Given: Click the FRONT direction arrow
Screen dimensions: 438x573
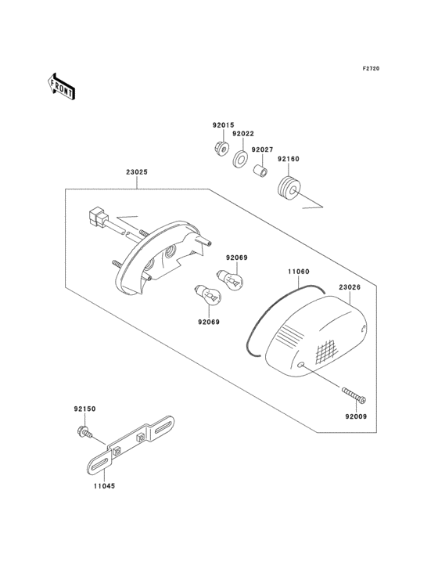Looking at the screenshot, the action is (61, 87).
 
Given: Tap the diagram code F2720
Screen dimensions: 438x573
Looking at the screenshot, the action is (371, 68).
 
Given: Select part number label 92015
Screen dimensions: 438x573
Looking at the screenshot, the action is (224, 125).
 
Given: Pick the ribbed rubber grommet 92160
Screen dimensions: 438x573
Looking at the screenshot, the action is (289, 189).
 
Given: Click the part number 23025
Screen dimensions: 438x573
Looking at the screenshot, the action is (137, 171).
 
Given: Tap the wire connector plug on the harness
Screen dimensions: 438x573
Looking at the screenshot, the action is (99, 216).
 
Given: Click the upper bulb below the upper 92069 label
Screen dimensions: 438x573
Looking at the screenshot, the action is (230, 280).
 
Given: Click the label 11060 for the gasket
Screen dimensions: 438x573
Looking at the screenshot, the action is (299, 272).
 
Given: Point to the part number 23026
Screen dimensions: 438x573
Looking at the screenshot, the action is (350, 287).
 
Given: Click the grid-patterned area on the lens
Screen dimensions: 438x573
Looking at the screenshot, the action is (325, 351).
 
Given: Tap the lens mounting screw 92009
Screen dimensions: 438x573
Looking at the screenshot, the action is (354, 395).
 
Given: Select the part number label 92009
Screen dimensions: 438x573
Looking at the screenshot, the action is (356, 416).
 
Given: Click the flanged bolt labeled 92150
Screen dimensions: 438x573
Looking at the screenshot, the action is (85, 433).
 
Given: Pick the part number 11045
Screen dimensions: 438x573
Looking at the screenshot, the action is (104, 486).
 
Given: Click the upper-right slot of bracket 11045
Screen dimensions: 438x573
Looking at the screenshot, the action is (163, 427).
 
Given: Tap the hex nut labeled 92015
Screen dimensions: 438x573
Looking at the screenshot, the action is (221, 148).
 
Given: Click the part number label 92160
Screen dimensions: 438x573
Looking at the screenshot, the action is (289, 159).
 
